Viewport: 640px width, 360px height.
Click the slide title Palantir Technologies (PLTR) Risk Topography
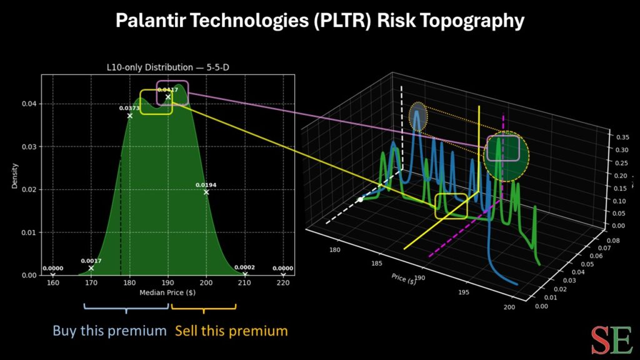[319, 21]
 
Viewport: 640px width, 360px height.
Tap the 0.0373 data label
[129, 108]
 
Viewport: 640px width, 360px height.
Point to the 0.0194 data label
[206, 185]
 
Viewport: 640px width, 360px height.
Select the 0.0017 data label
[91, 261]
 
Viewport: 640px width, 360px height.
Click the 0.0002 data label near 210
[244, 267]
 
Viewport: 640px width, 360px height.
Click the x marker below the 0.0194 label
[206, 192]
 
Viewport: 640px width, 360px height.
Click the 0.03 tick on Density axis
[30, 147]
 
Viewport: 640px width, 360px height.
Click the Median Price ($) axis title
[167, 292]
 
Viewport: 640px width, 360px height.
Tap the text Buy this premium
[109, 331]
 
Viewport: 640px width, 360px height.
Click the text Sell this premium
[231, 331]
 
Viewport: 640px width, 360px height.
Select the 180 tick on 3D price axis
[335, 250]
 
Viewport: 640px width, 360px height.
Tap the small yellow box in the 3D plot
[451, 206]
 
